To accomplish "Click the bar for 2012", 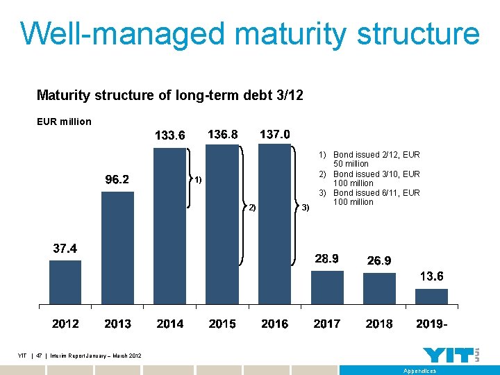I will [x=65, y=282].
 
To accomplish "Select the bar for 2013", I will [x=117, y=248].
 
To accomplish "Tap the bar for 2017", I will [x=327, y=287].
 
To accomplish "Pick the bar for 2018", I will [x=379, y=288].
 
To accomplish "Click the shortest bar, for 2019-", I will [x=431, y=297].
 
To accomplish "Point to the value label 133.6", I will [x=169, y=135].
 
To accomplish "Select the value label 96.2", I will [x=117, y=180].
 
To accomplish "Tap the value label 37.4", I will [x=65, y=249].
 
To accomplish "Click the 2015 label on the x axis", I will [x=222, y=324].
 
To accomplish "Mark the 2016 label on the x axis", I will [x=274, y=324].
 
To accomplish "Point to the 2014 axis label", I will [x=170, y=324].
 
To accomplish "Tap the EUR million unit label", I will [x=64, y=122].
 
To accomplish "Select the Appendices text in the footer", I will [x=420, y=371].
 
